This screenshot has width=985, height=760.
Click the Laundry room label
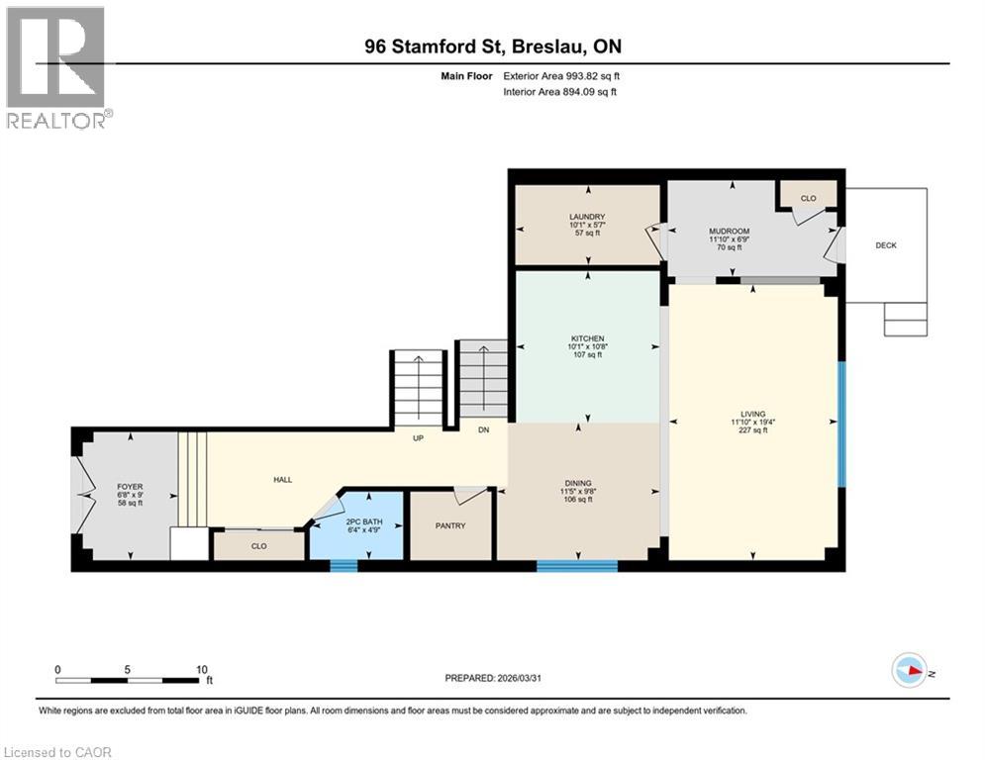pyautogui.click(x=587, y=217)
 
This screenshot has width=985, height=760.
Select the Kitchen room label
pyautogui.click(x=586, y=338)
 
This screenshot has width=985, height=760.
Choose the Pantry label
pyautogui.click(x=450, y=525)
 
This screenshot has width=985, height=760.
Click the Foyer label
pyautogui.click(x=130, y=487)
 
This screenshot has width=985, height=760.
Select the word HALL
pyautogui.click(x=283, y=480)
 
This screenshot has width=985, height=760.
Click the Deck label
pyautogui.click(x=886, y=245)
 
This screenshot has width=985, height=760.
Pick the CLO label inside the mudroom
pyautogui.click(x=808, y=198)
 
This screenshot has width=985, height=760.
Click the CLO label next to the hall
pyautogui.click(x=258, y=545)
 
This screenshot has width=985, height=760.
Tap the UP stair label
pyautogui.click(x=419, y=437)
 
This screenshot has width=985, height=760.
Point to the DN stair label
pyautogui.click(x=483, y=430)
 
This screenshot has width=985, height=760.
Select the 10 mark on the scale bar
pyautogui.click(x=202, y=669)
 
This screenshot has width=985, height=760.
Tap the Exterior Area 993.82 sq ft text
pyautogui.click(x=560, y=76)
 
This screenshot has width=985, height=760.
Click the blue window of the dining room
pyautogui.click(x=577, y=566)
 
